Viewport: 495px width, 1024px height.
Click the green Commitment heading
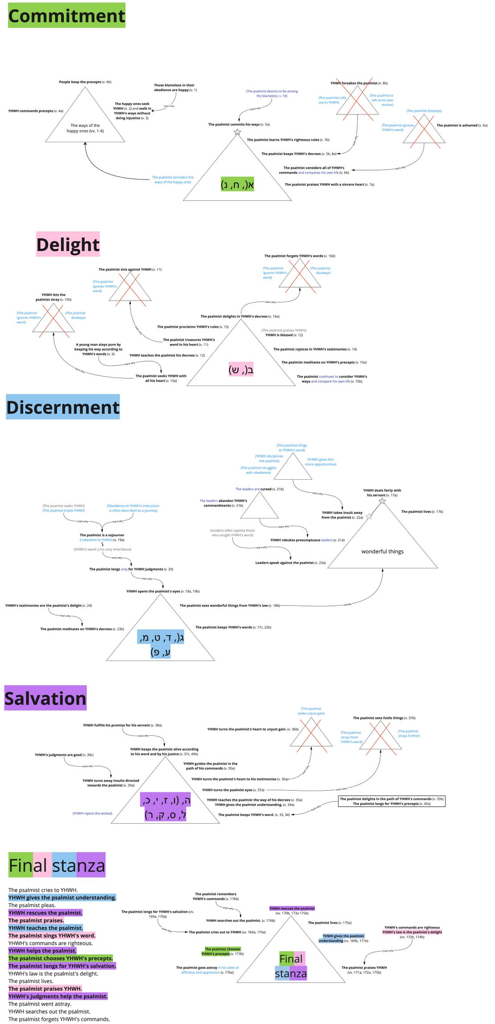point(66,16)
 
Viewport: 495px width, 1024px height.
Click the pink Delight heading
point(68,244)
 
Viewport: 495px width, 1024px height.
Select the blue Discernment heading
point(63,407)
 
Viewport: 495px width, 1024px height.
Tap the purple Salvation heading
point(45,698)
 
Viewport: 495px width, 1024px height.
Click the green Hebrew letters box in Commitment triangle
point(237,184)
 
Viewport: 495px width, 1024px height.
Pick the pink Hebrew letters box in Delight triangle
point(241,369)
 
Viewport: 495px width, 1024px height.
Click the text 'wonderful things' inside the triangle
point(382,551)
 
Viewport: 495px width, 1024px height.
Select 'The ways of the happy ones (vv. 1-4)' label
point(85,128)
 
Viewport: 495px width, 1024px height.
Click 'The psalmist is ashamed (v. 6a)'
point(462,125)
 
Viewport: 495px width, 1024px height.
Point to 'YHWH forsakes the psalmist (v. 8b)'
point(359,83)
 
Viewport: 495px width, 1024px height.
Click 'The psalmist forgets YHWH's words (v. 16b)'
point(299,256)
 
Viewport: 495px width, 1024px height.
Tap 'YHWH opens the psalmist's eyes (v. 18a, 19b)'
point(163,591)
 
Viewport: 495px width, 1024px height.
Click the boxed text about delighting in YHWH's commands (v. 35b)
point(392,801)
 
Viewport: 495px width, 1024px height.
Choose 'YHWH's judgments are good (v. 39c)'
point(64,755)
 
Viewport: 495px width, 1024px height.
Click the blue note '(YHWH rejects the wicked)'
point(92,813)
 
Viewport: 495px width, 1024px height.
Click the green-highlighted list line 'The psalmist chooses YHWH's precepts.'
point(61,958)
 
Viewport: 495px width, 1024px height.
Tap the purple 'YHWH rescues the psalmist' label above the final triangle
point(292,908)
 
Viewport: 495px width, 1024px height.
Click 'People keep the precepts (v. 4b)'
point(85,82)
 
